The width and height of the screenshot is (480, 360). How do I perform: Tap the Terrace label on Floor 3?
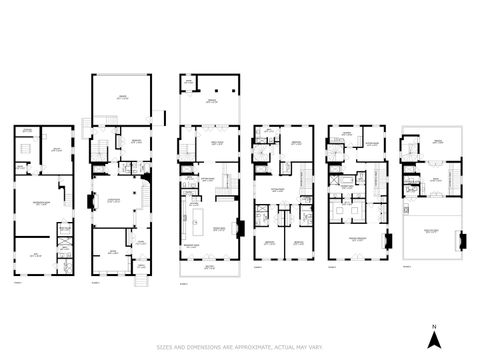pyautogui.click(x=211, y=101)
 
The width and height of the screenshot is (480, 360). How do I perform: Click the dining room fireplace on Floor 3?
pyautogui.click(x=238, y=226)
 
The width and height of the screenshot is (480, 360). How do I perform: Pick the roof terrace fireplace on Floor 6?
pyautogui.click(x=460, y=240)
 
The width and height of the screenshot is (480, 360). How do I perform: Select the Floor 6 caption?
pyautogui.click(x=406, y=267)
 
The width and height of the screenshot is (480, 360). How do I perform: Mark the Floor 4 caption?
pyautogui.click(x=258, y=267)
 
